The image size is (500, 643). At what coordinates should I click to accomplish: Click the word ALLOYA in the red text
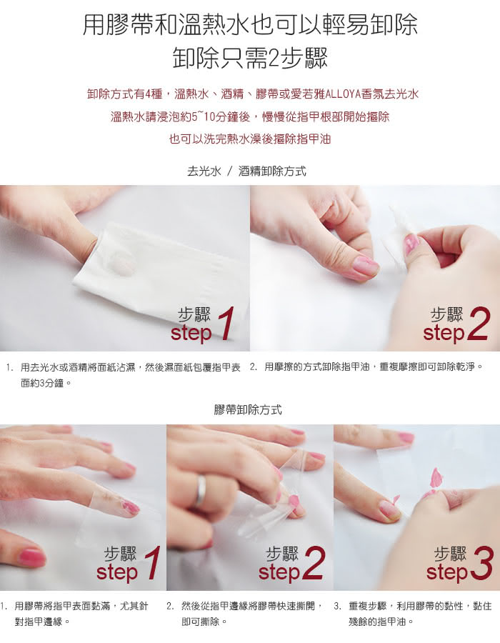coord(344,94)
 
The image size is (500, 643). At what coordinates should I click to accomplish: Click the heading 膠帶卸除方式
coord(248,409)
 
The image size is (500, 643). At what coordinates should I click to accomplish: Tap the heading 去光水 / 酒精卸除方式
coord(246,171)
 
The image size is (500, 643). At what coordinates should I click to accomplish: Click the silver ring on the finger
coord(201,490)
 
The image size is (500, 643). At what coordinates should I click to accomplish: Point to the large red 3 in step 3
coord(481,564)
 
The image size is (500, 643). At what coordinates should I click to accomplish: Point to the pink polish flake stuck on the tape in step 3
coord(436,477)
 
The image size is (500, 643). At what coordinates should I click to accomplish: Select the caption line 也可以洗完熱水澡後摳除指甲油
coord(250,139)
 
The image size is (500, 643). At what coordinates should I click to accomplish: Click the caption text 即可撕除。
coord(204,622)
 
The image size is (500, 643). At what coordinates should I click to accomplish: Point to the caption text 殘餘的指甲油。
coord(381,622)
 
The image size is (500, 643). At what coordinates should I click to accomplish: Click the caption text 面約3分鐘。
coord(46,384)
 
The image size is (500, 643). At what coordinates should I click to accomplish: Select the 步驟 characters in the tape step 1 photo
coord(120,554)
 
